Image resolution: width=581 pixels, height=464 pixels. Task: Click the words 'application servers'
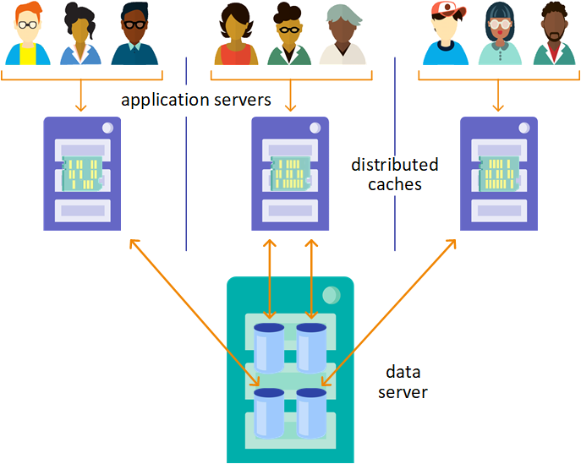point(195,100)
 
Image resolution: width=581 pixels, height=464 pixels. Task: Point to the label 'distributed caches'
point(394,173)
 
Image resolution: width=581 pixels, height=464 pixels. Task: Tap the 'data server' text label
point(403,382)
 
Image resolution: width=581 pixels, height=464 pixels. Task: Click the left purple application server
point(82,173)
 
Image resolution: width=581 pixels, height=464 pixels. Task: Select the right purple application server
point(498,173)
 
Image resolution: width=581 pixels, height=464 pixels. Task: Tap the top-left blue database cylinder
point(269,347)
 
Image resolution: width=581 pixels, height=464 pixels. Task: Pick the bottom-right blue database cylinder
point(311,413)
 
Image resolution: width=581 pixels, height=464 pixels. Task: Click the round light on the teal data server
point(331,294)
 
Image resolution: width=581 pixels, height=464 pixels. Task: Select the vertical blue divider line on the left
point(186,152)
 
